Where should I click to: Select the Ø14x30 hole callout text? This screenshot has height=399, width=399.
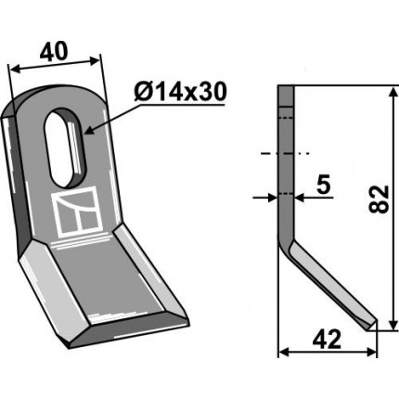pos(180,92)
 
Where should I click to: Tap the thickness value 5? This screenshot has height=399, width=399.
pos(324,185)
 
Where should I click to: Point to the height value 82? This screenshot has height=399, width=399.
pos(379,199)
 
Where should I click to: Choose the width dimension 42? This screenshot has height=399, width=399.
pos(327,339)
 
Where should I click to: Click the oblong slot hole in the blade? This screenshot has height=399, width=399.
pos(64,148)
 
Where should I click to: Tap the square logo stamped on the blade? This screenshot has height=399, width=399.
pos(77,212)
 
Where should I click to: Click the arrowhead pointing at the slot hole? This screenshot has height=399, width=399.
pos(89,131)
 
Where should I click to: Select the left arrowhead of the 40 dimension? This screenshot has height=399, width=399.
pos(15,69)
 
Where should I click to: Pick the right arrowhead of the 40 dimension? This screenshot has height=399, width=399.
pos(94,60)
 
